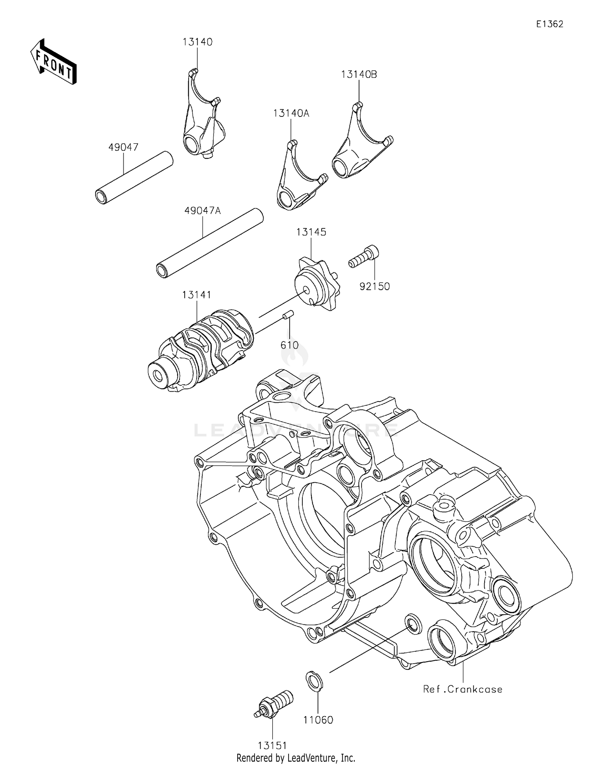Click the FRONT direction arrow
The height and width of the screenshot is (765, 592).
[53, 62]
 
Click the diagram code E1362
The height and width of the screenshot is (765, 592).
[549, 24]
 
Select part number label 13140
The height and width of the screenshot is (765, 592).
[197, 42]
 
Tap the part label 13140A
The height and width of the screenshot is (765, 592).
[291, 114]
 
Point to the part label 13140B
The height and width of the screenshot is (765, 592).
[359, 74]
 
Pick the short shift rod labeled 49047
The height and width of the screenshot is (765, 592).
[134, 178]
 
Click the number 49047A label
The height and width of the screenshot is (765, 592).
[202, 211]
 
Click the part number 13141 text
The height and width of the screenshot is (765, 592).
[197, 295]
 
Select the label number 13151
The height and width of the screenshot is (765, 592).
[272, 746]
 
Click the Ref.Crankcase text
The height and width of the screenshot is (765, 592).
[463, 689]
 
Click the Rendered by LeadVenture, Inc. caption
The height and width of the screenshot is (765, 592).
[296, 758]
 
